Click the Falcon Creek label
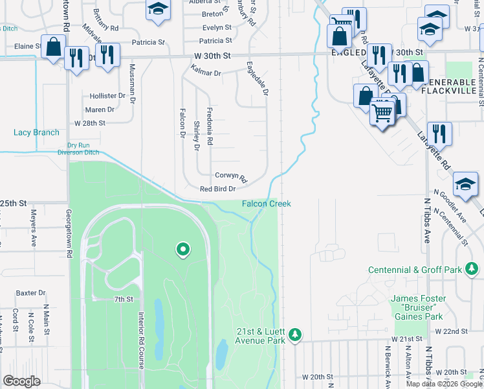[x=267, y=204]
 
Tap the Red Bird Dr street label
[x=217, y=189]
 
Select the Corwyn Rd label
[x=231, y=176]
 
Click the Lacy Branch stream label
[x=36, y=132]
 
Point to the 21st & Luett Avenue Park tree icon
[x=295, y=334]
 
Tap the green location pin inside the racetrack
[x=182, y=248]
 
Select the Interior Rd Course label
[x=140, y=340]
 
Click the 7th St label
[x=123, y=299]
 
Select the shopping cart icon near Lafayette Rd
[x=382, y=113]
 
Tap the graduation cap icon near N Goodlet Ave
[x=465, y=183]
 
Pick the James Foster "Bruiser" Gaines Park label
[x=417, y=307]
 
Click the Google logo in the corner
[x=21, y=381]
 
